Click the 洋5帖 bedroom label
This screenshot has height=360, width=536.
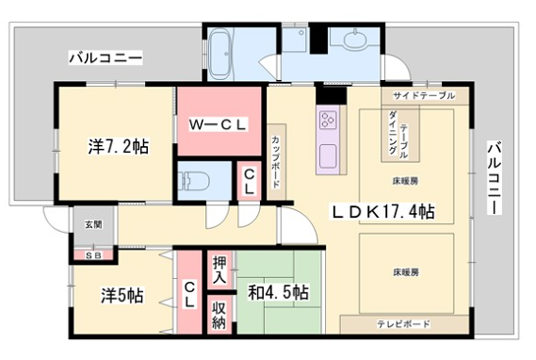tap(120, 296)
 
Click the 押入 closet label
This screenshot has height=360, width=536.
tap(219, 270)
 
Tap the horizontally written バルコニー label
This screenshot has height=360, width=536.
tap(105, 57)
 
